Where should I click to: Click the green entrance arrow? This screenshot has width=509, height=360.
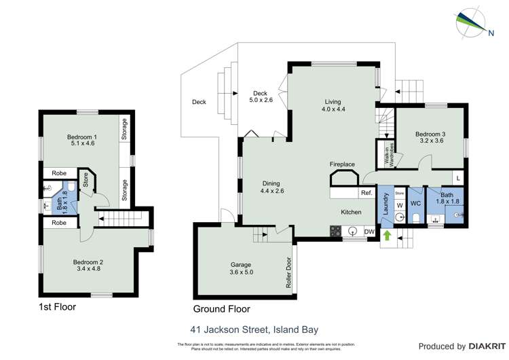click(x=388, y=236)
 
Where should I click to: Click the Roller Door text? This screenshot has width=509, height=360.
click(x=288, y=272)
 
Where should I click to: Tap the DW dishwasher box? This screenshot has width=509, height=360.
click(x=369, y=232)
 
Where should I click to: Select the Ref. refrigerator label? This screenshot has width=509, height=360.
click(x=366, y=194)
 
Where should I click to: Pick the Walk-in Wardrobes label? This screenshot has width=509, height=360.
click(x=382, y=154)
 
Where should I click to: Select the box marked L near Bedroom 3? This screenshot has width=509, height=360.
click(x=459, y=178)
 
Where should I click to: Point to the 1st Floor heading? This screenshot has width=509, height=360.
click(x=57, y=307)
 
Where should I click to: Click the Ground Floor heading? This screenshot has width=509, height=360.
click(x=221, y=308)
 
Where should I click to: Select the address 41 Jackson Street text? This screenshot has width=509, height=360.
click(x=254, y=330)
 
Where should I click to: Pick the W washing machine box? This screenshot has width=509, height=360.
click(x=399, y=206)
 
